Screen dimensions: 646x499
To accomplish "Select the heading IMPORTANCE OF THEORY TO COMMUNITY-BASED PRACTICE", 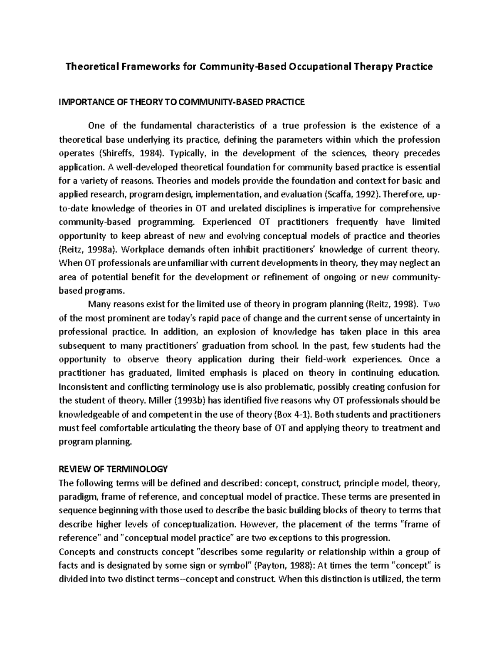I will coord(182,102).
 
